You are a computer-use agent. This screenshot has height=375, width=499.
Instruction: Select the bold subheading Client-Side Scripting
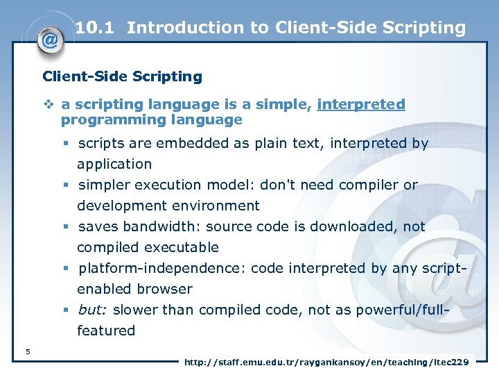tap(122, 76)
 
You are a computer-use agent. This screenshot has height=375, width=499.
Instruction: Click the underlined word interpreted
tap(360, 105)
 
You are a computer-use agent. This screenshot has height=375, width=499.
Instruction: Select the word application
tap(114, 165)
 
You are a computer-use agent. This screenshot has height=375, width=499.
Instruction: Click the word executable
tap(183, 247)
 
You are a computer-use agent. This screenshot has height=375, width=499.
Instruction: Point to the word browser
tap(164, 289)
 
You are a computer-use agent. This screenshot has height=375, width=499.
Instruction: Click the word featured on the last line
tap(106, 331)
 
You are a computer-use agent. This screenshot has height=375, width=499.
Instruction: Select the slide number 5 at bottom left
tap(27, 351)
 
